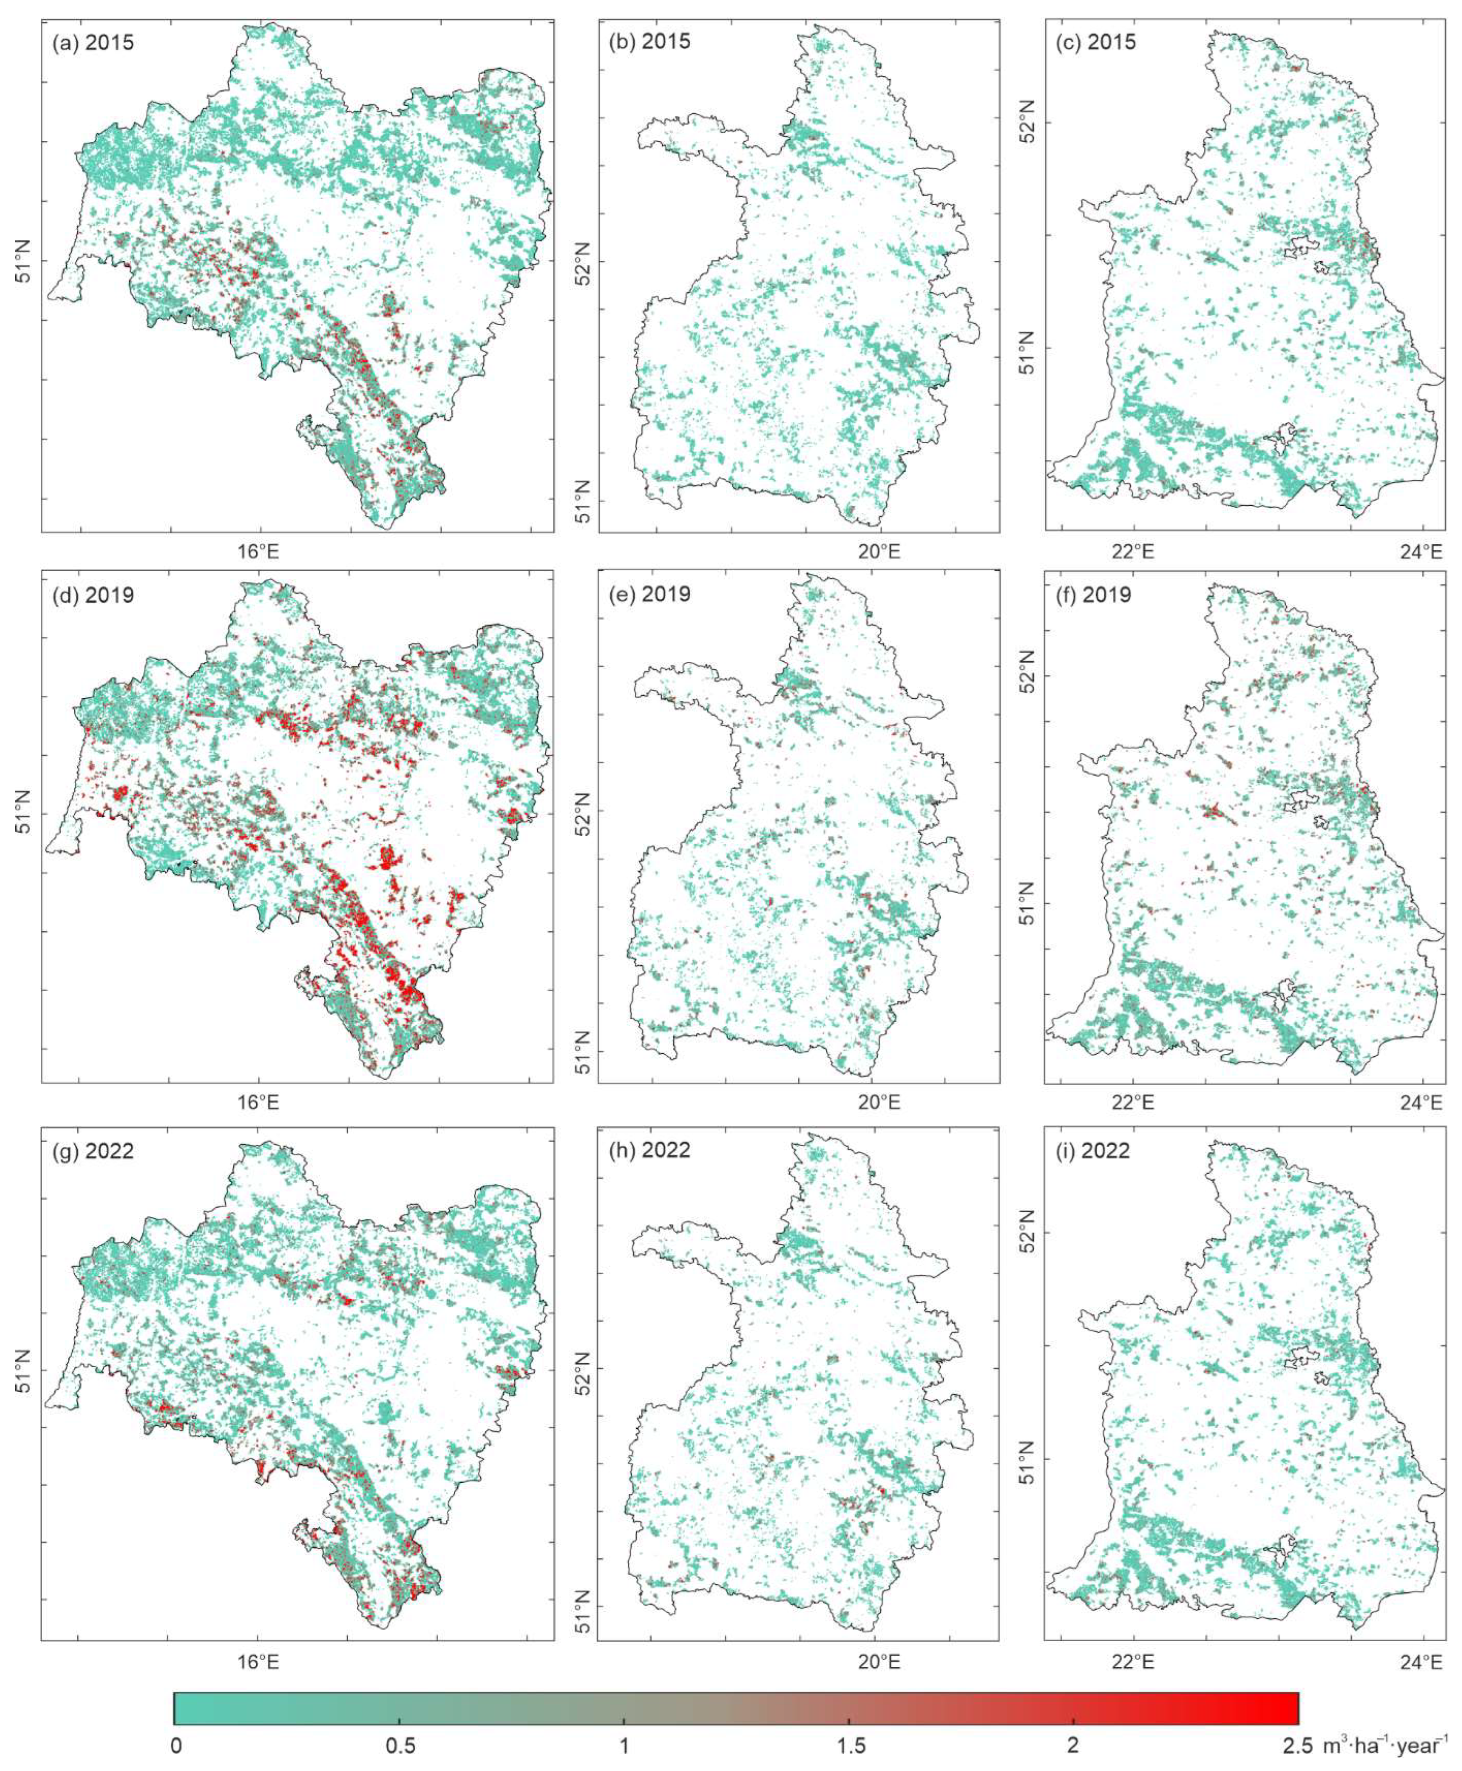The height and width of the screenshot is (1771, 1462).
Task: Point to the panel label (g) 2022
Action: (x=93, y=1150)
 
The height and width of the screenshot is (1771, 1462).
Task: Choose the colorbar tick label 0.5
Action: (x=399, y=1743)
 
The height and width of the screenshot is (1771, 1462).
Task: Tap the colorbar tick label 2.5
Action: (x=1297, y=1743)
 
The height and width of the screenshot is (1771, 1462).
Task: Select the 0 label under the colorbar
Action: (x=175, y=1743)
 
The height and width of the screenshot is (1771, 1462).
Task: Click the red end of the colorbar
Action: (x=1289, y=1708)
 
